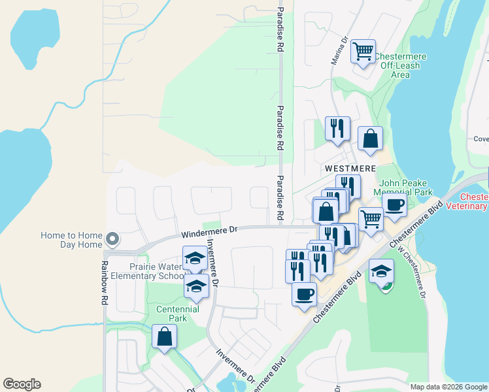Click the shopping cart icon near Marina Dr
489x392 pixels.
tap(363, 51)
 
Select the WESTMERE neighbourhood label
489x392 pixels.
tap(350, 169)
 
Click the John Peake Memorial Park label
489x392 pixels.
tap(403, 188)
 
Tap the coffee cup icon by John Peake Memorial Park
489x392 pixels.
tap(395, 205)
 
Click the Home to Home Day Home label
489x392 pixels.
tap(71, 240)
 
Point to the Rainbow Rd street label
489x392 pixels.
tap(104, 284)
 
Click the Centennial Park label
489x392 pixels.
tap(171, 314)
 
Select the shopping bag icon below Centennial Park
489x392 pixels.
tap(164, 337)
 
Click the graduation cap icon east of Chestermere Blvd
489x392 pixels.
tap(381, 270)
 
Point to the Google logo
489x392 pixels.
tap(22, 384)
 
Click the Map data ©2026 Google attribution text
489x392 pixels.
tap(448, 387)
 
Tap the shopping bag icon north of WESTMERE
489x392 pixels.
tap(370, 139)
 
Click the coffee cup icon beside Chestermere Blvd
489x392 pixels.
tap(305, 294)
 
